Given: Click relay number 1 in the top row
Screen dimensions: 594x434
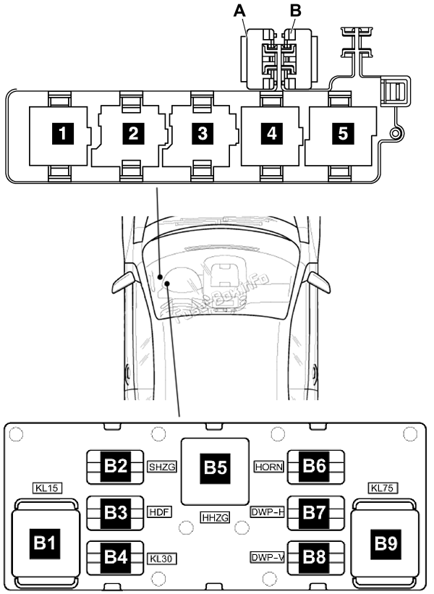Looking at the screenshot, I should click(x=64, y=133).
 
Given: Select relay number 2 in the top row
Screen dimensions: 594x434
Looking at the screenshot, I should click(x=132, y=133).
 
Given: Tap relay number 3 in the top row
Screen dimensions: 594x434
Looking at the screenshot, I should click(x=202, y=133).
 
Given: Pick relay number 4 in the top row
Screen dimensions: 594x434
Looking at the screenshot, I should click(x=271, y=133).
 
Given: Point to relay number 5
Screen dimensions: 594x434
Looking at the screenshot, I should click(x=342, y=133).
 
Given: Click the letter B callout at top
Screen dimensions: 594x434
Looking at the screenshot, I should click(x=294, y=10).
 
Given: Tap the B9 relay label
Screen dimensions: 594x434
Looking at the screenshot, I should click(x=386, y=540).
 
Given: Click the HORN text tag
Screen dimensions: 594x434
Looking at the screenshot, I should click(x=271, y=467).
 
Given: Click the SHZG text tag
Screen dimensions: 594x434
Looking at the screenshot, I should click(x=162, y=467).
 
